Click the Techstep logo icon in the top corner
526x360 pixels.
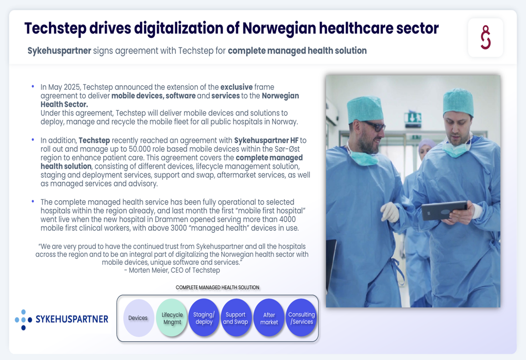(x=485, y=37)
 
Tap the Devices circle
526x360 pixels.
(x=138, y=318)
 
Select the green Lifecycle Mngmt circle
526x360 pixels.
(x=172, y=318)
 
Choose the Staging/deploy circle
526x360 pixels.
(x=204, y=318)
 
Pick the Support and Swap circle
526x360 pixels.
(x=236, y=318)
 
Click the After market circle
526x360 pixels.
(x=269, y=318)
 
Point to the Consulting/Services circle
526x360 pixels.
(x=301, y=318)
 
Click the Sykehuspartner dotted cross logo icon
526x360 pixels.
(x=23, y=320)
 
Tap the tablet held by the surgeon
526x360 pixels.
(x=444, y=210)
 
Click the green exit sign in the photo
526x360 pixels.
(x=412, y=118)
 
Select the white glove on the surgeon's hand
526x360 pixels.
(x=390, y=211)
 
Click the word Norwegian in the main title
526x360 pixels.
(x=278, y=28)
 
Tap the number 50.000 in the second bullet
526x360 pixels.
(x=140, y=149)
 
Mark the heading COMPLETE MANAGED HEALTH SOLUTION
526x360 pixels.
(x=217, y=287)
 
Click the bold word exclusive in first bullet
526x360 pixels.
(x=237, y=87)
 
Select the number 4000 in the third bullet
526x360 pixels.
(x=288, y=219)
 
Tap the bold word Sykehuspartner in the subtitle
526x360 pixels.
(x=59, y=50)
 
